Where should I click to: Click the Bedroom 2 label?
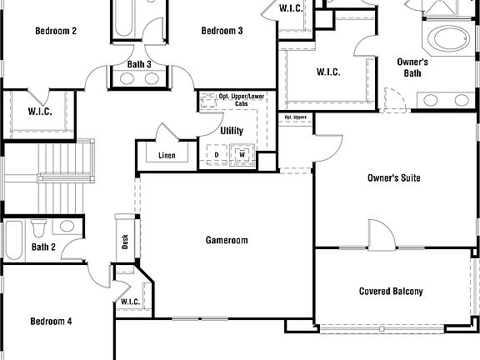[x=56, y=31]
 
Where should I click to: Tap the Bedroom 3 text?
[x=222, y=31]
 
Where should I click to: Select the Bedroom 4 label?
[x=51, y=321]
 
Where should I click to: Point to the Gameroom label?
[x=227, y=240]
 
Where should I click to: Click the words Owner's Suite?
[x=393, y=178]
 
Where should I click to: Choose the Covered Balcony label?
[x=391, y=292]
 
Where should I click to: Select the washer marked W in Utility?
[x=242, y=154]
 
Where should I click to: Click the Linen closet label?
[x=167, y=156]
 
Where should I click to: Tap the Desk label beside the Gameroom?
[x=125, y=242]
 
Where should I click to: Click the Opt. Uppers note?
[x=295, y=117]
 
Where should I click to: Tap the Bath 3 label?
[x=139, y=64]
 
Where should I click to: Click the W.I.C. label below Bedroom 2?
[x=40, y=111]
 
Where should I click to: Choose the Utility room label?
[x=232, y=131]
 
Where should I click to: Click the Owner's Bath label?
[x=412, y=67]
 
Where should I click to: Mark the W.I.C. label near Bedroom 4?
[x=129, y=302]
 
